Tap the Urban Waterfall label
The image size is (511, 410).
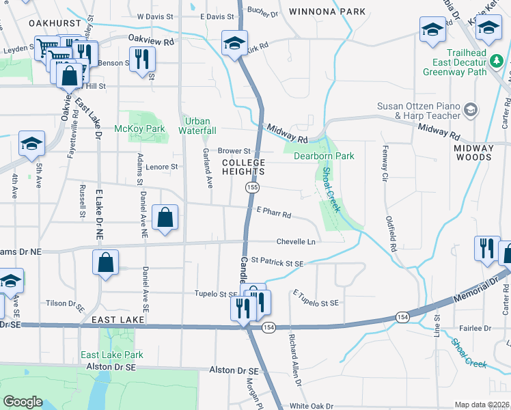pos(197,126)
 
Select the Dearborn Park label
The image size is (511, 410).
pos(324,156)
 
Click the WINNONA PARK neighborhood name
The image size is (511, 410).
pos(318,12)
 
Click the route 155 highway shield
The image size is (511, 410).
pos(253,187)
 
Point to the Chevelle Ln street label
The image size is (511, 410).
pos(296,242)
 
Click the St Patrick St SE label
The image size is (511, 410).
pos(277,261)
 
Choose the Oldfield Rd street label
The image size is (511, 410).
pos(391,235)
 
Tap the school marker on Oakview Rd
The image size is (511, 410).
pos(234,42)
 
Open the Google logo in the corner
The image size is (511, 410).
pos(23,402)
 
